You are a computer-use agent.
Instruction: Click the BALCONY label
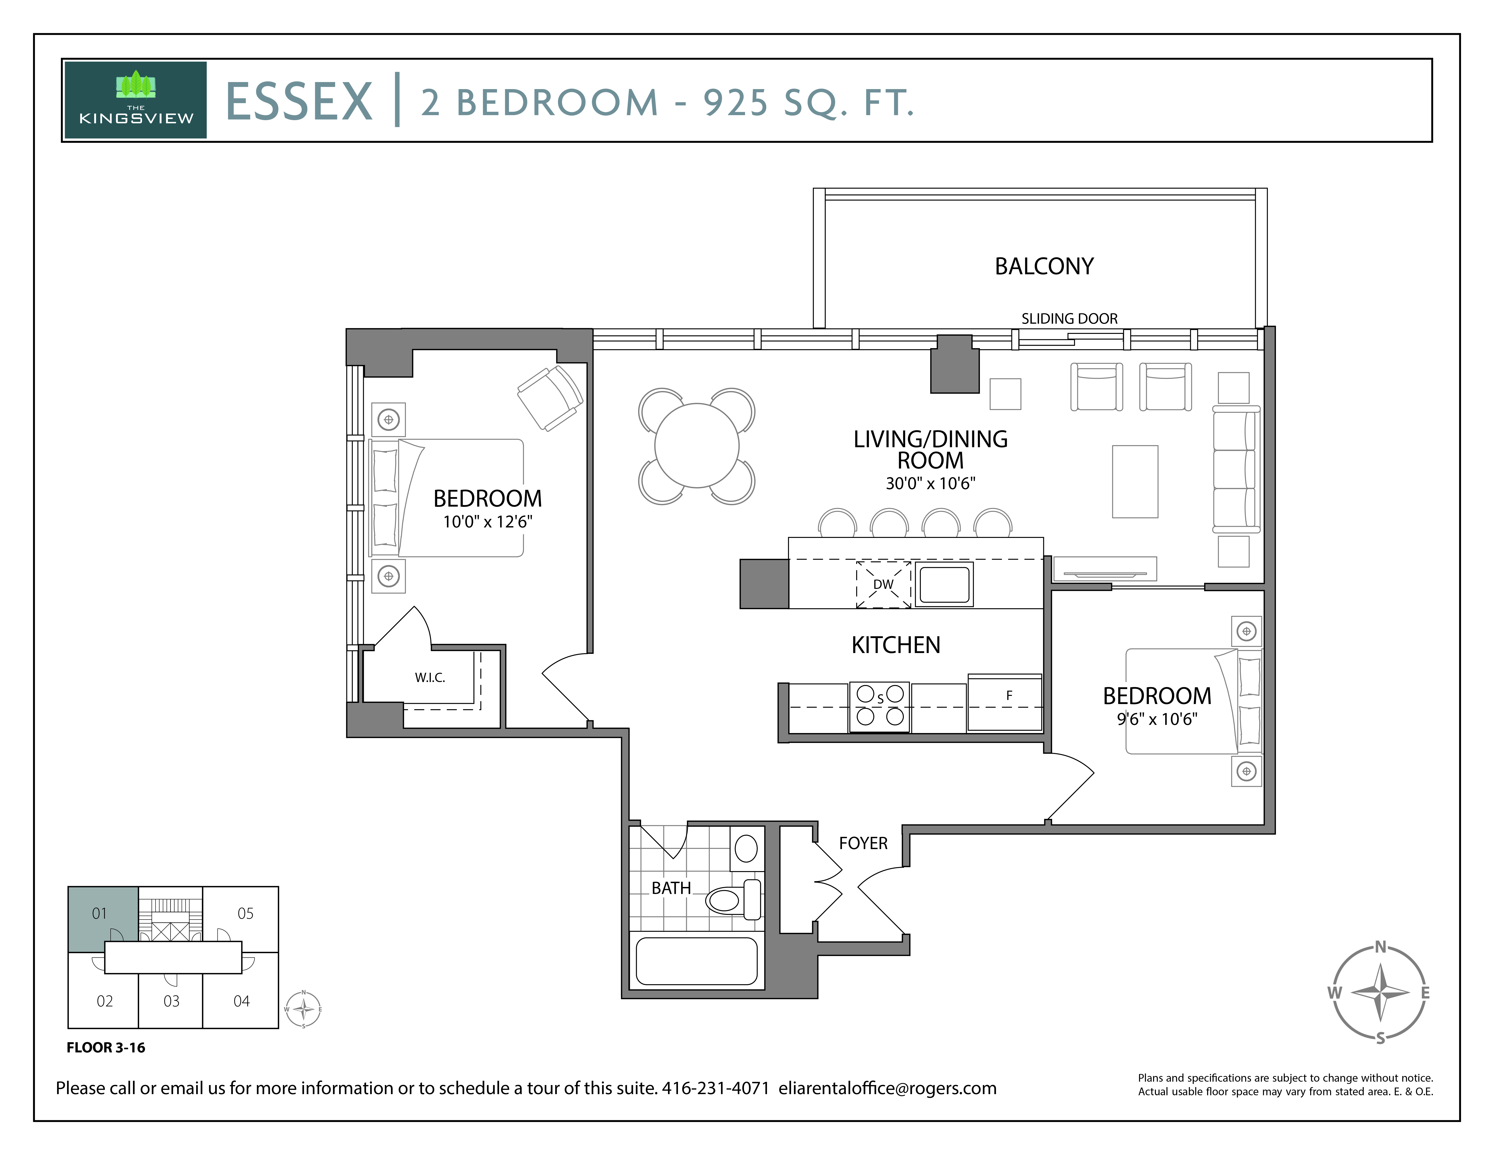click(x=1044, y=266)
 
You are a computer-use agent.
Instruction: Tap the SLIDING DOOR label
click(x=1069, y=318)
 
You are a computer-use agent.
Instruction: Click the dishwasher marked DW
click(x=883, y=584)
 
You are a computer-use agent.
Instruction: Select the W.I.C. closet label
click(x=430, y=677)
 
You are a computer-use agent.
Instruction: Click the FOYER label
click(x=863, y=843)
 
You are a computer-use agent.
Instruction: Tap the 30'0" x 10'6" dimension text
click(x=930, y=483)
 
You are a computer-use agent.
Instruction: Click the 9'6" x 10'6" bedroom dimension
click(x=1157, y=719)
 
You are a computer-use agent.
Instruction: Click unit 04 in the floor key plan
click(x=242, y=1001)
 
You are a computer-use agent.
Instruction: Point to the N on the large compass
click(x=1380, y=947)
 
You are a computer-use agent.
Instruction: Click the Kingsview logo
click(x=135, y=100)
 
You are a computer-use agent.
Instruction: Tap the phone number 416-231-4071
click(x=715, y=1088)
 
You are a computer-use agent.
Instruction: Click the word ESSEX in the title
click(x=299, y=102)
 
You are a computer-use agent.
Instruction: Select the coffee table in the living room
click(x=1135, y=481)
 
